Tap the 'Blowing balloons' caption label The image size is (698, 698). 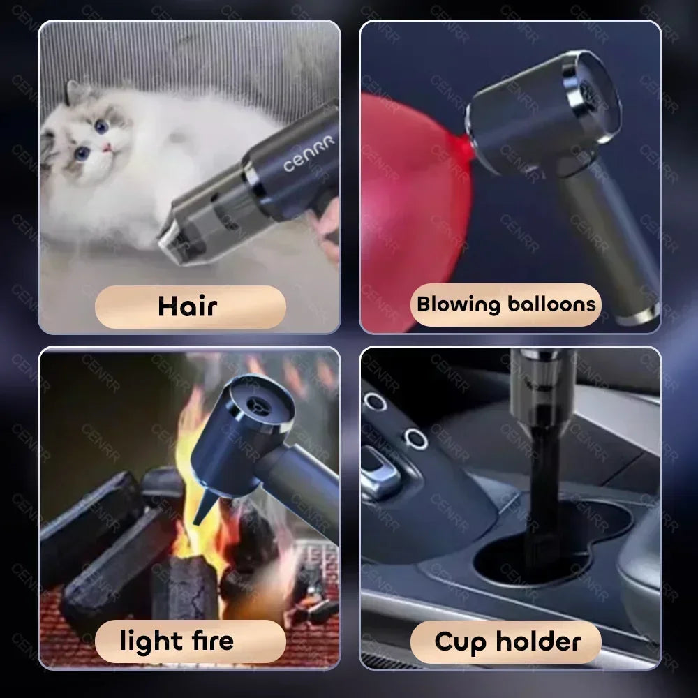point(506,304)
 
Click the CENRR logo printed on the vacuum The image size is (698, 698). point(309,154)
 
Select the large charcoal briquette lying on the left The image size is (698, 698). point(91,517)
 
